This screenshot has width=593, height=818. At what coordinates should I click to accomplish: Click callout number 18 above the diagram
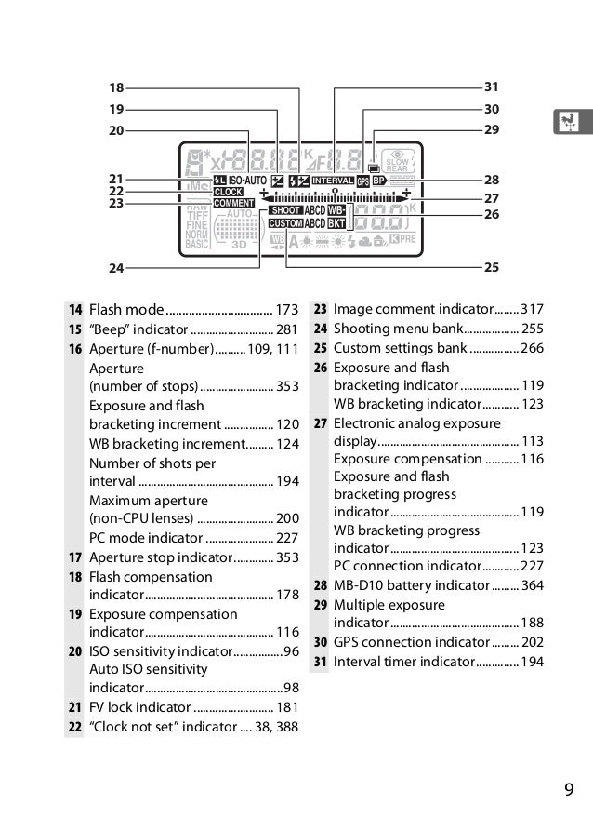[x=115, y=88]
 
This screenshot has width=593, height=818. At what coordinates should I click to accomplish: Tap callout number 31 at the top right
[x=492, y=87]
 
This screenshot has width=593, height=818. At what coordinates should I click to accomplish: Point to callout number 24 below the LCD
[x=115, y=268]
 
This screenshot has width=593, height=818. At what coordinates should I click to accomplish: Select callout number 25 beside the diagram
[x=492, y=267]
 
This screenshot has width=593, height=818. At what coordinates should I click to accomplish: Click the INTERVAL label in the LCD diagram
[x=333, y=181]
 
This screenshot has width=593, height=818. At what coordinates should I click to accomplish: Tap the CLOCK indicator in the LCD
[x=229, y=192]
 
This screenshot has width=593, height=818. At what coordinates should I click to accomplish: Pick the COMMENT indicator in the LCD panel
[x=233, y=203]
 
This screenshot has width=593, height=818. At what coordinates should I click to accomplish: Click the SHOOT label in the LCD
[x=285, y=211]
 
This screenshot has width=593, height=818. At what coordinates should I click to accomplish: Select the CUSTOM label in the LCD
[x=285, y=223]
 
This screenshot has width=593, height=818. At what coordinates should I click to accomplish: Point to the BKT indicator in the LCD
[x=336, y=223]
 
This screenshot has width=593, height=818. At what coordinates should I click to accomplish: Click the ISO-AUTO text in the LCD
[x=247, y=181]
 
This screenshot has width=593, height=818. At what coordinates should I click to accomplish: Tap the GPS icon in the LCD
[x=362, y=181]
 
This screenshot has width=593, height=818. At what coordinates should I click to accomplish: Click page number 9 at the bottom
[x=569, y=792]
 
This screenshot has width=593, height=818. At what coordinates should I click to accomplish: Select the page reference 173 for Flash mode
[x=287, y=309]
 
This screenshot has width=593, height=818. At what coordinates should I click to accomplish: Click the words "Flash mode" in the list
[x=126, y=309]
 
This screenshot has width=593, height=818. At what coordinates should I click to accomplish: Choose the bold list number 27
[x=320, y=423]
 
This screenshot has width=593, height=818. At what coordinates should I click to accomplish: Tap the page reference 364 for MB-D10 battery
[x=533, y=585]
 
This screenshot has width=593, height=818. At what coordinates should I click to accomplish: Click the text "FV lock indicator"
[x=145, y=707]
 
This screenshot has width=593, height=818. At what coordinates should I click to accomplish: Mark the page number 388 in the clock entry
[x=287, y=727]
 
